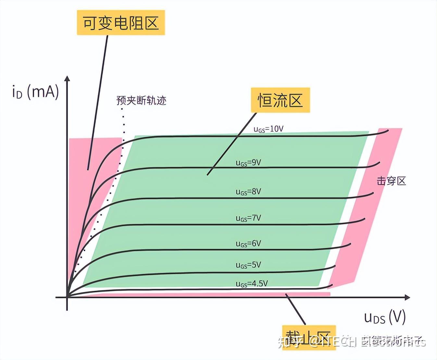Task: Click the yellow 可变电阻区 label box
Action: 121,23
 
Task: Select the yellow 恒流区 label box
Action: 280,100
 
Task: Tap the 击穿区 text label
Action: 391,181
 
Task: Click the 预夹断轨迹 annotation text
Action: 141,100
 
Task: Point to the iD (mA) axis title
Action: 35,92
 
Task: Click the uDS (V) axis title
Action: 385,317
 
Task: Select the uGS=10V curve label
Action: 268,129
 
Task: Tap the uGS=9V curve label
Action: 248,163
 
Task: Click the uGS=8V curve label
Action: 248,192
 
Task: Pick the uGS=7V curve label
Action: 248,218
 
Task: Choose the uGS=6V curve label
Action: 248,244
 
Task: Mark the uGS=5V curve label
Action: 248,265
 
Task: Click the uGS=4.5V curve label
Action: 252,284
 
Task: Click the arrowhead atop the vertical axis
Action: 67,79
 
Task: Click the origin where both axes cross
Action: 67,297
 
